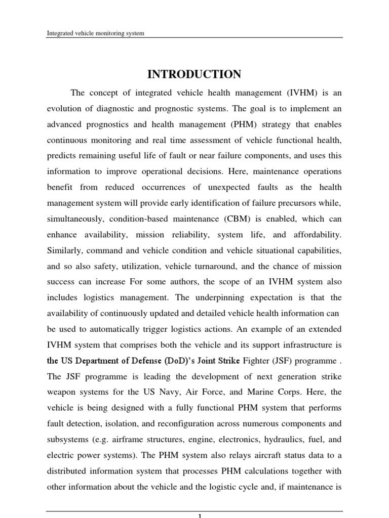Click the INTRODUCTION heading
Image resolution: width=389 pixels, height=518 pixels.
click(x=194, y=75)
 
